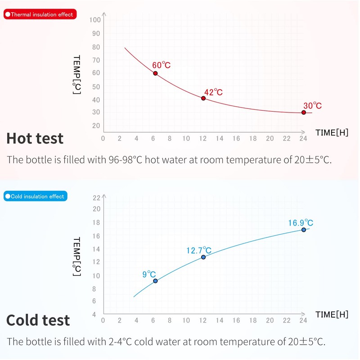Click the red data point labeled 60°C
click(x=155, y=73)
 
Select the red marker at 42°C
click(x=203, y=98)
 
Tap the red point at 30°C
click(x=304, y=112)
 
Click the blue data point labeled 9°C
click(x=155, y=281)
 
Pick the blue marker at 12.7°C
click(x=203, y=257)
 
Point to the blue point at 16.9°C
click(x=304, y=229)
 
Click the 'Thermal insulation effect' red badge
click(x=39, y=14)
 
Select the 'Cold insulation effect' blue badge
click(x=35, y=196)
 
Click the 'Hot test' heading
click(x=35, y=138)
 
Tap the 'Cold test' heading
click(x=38, y=320)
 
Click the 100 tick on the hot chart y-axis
click(x=95, y=20)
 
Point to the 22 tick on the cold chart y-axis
click(x=96, y=198)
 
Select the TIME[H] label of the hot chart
click(x=332, y=132)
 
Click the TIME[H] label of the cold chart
click(x=332, y=314)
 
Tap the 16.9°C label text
click(x=301, y=222)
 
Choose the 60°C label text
click(x=161, y=65)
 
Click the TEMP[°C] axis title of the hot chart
click(x=76, y=75)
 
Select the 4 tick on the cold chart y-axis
click(x=94, y=315)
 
